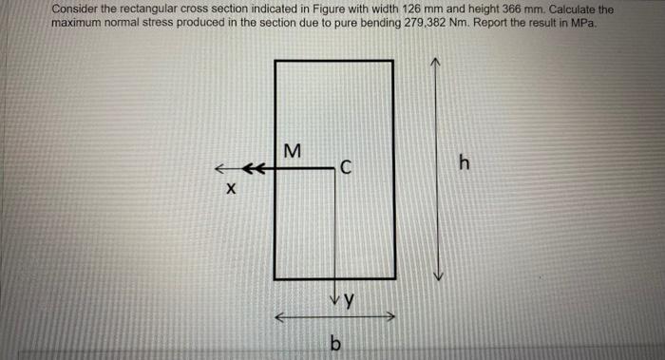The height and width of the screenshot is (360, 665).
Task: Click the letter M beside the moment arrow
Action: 292,150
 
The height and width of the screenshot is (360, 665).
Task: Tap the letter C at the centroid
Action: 347,169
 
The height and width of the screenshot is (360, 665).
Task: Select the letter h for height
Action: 464,164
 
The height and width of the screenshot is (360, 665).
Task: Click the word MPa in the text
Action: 581,23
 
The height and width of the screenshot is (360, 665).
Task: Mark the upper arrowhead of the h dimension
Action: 436,62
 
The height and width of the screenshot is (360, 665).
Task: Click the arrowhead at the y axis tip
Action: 335,298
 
